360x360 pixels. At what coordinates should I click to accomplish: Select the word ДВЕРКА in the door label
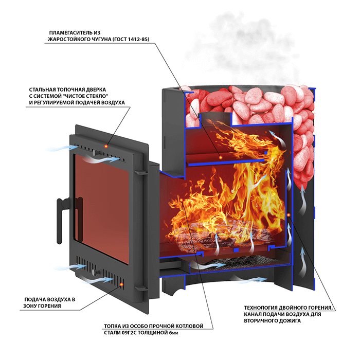96,89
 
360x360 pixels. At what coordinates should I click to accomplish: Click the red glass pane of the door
102,208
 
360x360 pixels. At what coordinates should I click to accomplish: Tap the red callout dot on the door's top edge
106,146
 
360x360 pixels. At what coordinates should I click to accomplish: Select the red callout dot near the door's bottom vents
122,285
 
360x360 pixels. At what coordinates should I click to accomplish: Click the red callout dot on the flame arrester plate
221,157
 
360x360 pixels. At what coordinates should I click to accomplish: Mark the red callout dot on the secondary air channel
289,215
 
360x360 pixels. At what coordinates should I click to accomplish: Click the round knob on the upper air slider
94,152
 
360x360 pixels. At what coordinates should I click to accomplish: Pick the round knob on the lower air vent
94,272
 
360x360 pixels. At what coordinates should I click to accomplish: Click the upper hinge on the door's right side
139,172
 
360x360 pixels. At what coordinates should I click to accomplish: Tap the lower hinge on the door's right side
140,289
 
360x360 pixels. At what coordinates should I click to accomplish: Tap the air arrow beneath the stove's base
249,280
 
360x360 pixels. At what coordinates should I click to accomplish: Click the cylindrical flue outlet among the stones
215,119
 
